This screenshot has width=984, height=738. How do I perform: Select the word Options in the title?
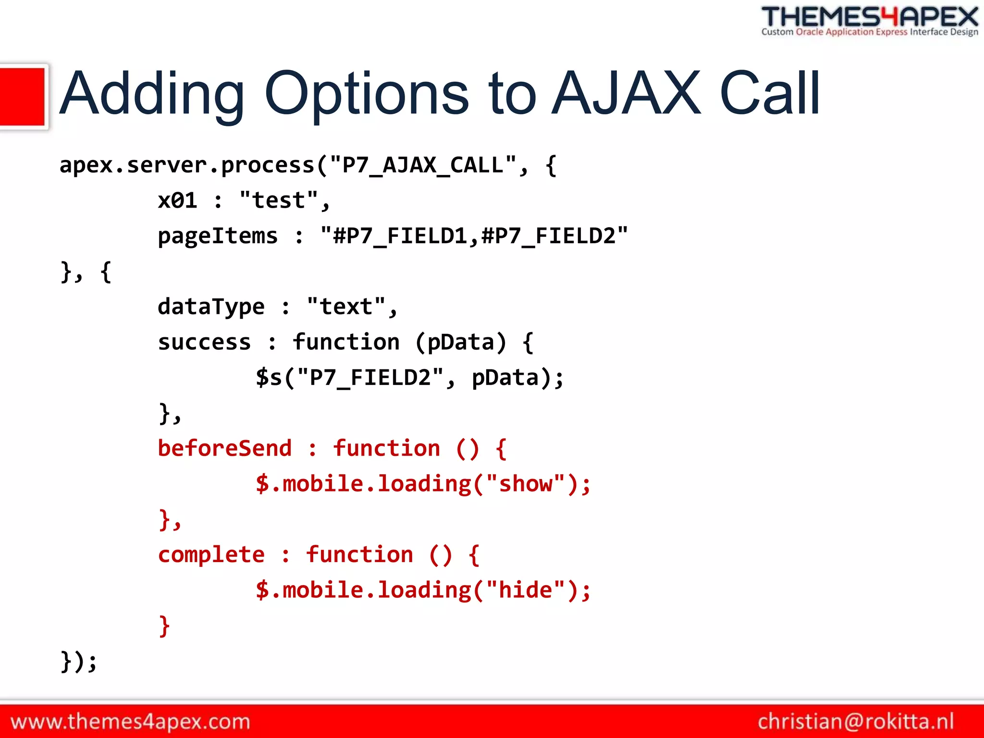(x=366, y=94)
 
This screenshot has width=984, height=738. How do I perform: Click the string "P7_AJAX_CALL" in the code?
(x=423, y=165)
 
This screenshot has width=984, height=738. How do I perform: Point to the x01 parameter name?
(x=177, y=200)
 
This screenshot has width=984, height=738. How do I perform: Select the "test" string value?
(x=279, y=200)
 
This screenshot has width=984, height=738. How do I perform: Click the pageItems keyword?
(x=218, y=236)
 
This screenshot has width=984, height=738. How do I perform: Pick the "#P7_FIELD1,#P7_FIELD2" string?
(x=474, y=236)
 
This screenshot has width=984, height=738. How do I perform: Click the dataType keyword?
(x=211, y=307)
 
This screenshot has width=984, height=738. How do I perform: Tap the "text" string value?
(x=346, y=307)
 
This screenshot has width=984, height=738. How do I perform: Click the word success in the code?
(x=204, y=342)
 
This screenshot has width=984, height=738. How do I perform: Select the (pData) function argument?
(x=461, y=342)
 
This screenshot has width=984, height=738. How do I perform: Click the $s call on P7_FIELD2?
(x=269, y=378)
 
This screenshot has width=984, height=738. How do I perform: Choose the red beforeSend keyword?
(x=224, y=448)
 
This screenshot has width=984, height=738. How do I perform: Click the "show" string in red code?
(x=526, y=484)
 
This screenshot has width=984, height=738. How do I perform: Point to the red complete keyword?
(x=211, y=555)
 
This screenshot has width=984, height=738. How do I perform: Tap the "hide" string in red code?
(x=526, y=590)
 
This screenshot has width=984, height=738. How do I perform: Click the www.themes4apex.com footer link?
(x=130, y=722)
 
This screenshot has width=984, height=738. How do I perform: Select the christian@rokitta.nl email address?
(x=856, y=722)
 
